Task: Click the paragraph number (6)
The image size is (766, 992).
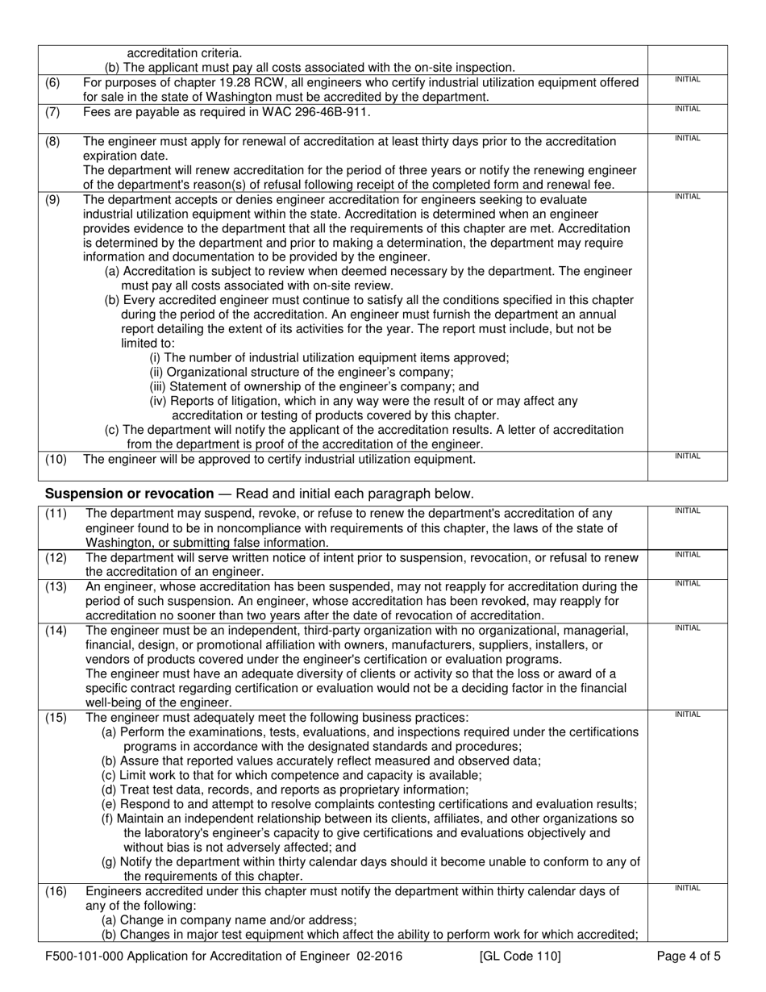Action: click(x=52, y=82)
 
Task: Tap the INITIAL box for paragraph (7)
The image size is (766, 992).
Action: click(x=687, y=118)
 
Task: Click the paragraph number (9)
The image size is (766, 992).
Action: click(x=52, y=200)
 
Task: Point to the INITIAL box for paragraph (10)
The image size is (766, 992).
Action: click(x=687, y=466)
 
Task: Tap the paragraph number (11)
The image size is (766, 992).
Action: click(x=56, y=514)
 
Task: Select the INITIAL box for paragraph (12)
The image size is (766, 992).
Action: click(x=687, y=563)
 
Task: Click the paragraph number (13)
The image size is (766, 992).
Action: click(x=56, y=587)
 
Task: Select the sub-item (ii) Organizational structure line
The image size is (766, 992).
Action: click(x=302, y=372)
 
